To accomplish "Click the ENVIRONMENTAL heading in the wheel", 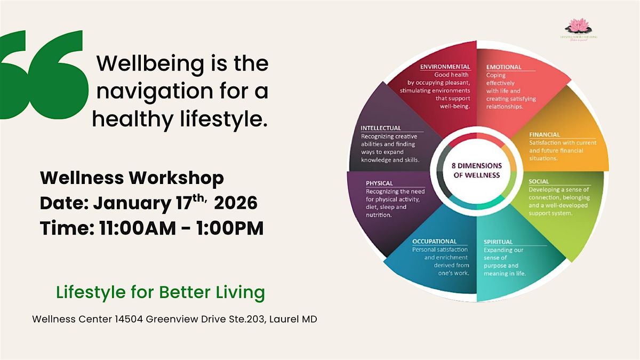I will [x=445, y=67].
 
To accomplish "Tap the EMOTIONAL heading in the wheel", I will [x=504, y=67].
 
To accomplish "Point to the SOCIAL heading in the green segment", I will [x=539, y=181].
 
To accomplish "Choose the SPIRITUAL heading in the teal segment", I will [x=498, y=242].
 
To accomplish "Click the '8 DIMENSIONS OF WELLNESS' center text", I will [x=477, y=170].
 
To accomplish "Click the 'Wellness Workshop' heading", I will [x=132, y=178].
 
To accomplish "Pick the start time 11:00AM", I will [x=130, y=228].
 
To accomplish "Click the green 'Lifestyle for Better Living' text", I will [x=160, y=292].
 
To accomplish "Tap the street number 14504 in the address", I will [x=126, y=319].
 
